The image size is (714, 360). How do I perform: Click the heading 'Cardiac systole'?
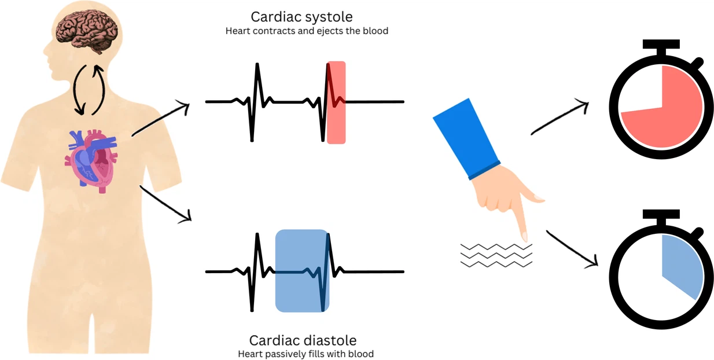pos(307,16)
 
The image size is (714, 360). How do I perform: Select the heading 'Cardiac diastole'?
pos(303,340)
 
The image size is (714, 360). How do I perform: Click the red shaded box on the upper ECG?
pos(336,102)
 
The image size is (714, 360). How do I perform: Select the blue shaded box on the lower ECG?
pos(302,271)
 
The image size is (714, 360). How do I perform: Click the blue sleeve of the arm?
pos(465,138)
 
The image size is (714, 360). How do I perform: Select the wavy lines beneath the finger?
pos(496,255)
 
